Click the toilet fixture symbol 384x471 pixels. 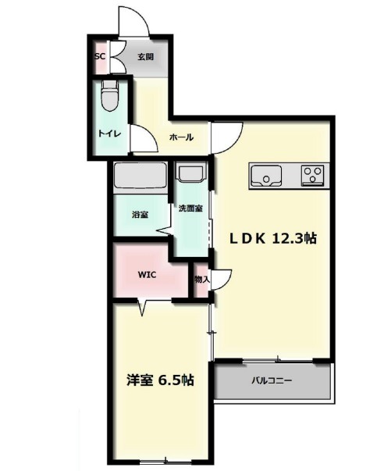tap(110, 96)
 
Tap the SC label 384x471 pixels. tap(100, 56)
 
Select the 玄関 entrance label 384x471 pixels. tap(146, 57)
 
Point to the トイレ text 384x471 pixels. tap(110, 134)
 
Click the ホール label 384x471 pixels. tap(181, 137)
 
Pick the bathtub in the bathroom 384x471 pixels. tap(140, 178)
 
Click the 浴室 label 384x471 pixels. tap(140, 215)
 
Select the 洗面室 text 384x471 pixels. tap(190, 209)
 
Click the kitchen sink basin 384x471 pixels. tap(266, 176)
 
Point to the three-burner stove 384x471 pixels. tap(312, 174)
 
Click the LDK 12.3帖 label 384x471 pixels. tap(272, 239)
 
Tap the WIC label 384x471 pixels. tap(147, 274)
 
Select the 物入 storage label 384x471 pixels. tap(202, 280)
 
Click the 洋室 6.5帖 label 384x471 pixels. tap(160, 380)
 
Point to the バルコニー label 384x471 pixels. tap(272, 381)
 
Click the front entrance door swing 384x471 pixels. tap(134, 22)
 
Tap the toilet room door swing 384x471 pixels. tap(144, 138)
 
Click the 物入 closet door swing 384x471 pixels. tap(222, 280)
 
